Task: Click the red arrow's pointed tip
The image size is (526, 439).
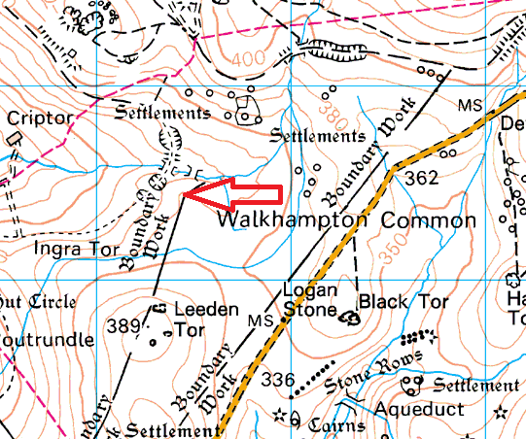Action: (x=185, y=197)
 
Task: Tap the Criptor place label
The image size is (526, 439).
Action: (x=40, y=118)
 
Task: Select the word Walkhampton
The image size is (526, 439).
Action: (x=290, y=220)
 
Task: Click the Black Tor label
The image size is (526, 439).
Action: (x=403, y=302)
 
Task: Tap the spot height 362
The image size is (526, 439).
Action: (x=422, y=178)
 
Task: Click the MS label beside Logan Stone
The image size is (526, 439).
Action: (x=257, y=321)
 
